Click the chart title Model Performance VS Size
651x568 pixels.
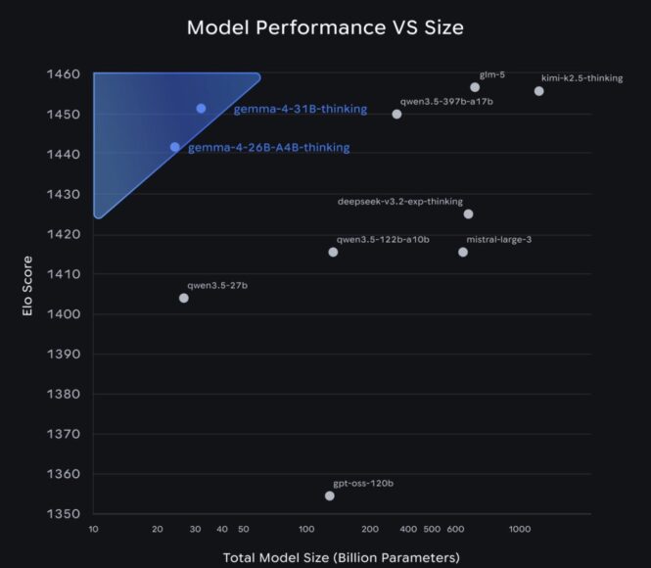[x=325, y=27]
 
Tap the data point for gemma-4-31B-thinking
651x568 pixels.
[x=201, y=109]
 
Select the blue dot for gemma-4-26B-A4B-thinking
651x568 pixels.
[x=175, y=147]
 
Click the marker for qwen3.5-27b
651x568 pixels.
[x=184, y=298]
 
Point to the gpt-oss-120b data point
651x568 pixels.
[x=330, y=496]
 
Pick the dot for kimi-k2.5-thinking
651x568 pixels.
[x=539, y=91]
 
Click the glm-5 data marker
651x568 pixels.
[x=475, y=87]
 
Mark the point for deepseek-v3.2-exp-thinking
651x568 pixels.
[x=468, y=213]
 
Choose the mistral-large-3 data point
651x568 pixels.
[x=463, y=252]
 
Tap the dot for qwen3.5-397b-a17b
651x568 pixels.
[x=396, y=114]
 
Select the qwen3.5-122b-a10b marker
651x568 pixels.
[x=333, y=252]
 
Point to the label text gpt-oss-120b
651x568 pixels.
[x=363, y=483]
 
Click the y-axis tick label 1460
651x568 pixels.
[x=64, y=74]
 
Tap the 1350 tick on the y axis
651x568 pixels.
[x=64, y=513]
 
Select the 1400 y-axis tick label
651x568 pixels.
[x=64, y=313]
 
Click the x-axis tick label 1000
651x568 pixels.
[x=520, y=529]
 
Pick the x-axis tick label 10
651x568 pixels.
[x=93, y=529]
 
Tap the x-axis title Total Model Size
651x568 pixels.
[x=341, y=557]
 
